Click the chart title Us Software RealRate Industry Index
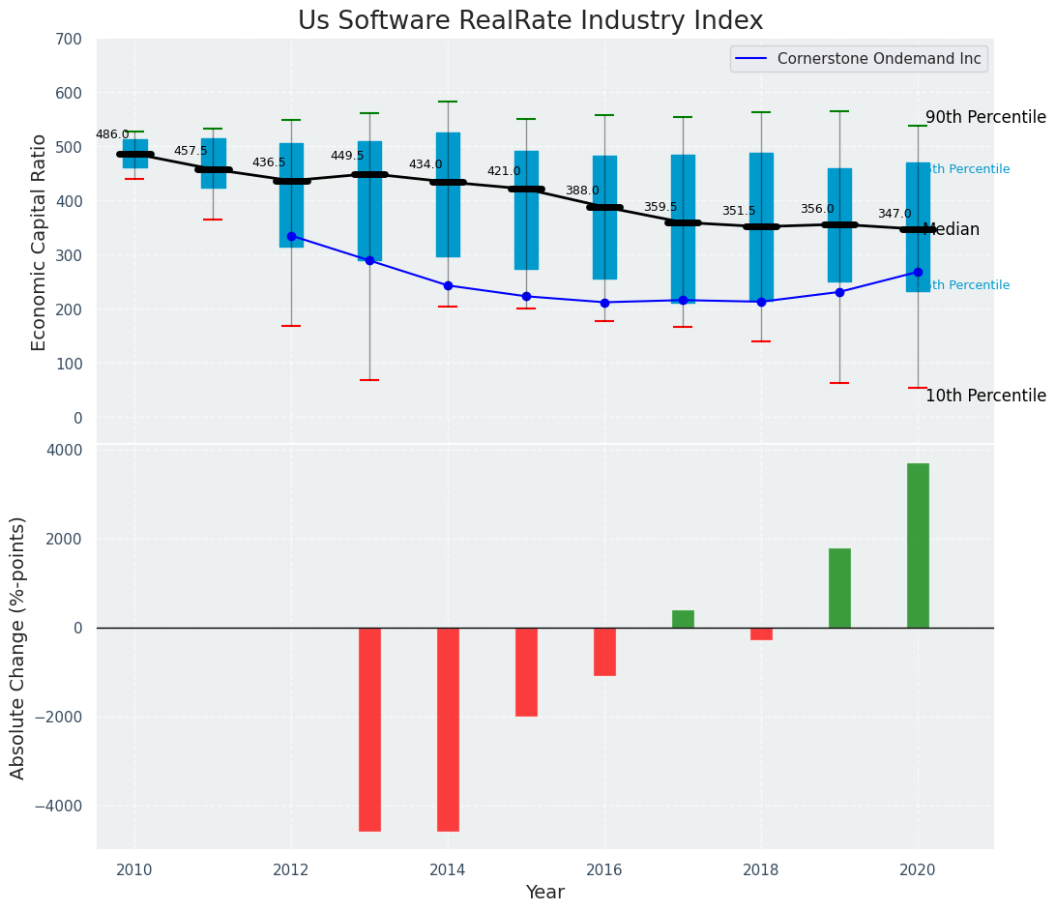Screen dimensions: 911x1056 point(530,21)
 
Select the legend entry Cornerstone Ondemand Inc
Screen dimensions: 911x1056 point(879,59)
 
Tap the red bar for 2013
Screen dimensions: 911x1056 point(369,729)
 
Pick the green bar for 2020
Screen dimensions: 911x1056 point(918,545)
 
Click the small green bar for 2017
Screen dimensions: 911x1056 point(683,619)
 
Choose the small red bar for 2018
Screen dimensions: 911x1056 point(761,634)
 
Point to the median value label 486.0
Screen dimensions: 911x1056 point(112,134)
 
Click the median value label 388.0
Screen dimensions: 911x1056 point(582,191)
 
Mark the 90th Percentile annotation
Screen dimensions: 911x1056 point(985,118)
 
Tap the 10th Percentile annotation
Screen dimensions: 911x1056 point(985,396)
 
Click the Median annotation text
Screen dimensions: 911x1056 point(952,230)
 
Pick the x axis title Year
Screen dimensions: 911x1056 point(545,893)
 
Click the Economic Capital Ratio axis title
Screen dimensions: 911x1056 point(40,242)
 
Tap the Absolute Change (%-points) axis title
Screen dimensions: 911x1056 point(18,648)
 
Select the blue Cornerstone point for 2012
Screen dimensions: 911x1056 point(291,236)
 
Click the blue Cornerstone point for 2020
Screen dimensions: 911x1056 point(918,272)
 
